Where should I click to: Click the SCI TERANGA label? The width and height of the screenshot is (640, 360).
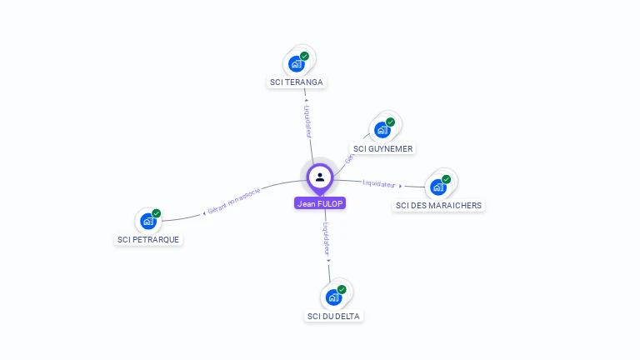(297, 82)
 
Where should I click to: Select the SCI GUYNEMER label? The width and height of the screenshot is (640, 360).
(383, 148)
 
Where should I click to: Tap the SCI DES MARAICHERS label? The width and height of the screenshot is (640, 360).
(438, 205)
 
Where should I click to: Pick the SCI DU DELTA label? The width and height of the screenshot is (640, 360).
(334, 316)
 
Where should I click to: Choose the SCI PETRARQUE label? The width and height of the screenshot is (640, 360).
(148, 239)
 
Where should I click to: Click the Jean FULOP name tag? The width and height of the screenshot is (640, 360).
(320, 203)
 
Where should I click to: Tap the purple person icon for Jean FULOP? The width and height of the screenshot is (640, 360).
(320, 177)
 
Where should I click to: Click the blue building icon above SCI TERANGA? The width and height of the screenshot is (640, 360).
(295, 63)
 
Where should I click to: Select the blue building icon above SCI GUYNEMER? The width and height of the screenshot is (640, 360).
(382, 130)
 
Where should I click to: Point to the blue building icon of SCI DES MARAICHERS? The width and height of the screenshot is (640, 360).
(437, 187)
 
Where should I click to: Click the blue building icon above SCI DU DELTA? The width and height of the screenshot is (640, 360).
(332, 297)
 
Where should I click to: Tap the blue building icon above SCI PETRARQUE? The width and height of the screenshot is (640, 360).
(147, 221)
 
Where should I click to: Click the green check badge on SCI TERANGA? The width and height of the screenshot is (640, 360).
(305, 56)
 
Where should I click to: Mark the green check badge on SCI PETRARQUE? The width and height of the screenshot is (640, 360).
(157, 213)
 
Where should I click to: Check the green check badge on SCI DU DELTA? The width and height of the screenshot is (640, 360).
(342, 289)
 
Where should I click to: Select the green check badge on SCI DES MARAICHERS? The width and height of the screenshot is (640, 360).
(446, 179)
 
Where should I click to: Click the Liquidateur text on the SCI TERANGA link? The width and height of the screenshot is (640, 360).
(307, 121)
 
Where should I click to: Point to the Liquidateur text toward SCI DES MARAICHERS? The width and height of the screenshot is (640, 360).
(380, 183)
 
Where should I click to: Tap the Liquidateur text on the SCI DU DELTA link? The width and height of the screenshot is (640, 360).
(327, 237)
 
